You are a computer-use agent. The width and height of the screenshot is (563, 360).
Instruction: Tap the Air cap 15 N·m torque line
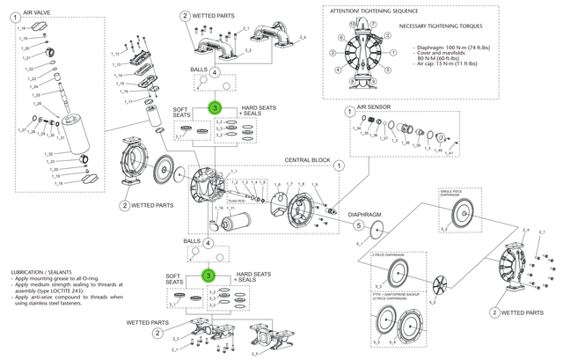click(x=449, y=66)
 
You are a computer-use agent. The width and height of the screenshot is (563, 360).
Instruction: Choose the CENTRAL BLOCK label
click(x=307, y=160)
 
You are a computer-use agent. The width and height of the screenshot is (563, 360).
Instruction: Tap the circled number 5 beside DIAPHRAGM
click(x=358, y=224)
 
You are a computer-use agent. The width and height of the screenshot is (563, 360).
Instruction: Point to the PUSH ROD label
click(x=236, y=201)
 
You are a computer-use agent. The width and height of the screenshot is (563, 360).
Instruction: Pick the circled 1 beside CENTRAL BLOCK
click(x=340, y=165)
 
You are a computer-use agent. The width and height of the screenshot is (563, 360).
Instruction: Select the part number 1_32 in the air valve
click(x=23, y=153)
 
